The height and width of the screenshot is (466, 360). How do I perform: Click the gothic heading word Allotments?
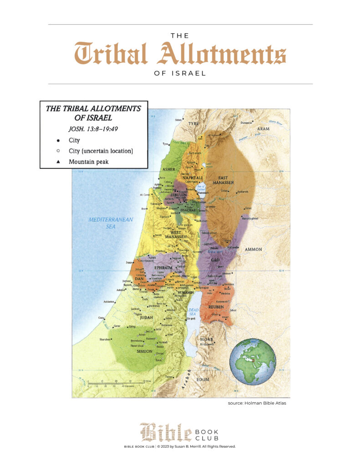(x=222, y=54)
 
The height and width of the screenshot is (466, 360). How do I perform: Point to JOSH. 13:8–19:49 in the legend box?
(x=93, y=129)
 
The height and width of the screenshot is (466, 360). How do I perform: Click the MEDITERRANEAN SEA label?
(x=111, y=223)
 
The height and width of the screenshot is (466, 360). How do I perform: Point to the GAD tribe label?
(x=215, y=259)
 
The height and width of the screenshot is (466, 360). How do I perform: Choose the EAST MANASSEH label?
(x=226, y=180)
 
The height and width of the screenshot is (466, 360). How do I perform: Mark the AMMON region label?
(x=253, y=249)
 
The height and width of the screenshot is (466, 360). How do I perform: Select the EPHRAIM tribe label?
(x=162, y=268)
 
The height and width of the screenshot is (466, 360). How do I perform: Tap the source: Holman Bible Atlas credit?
(x=257, y=403)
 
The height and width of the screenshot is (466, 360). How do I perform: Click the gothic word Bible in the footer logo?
(x=165, y=432)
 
